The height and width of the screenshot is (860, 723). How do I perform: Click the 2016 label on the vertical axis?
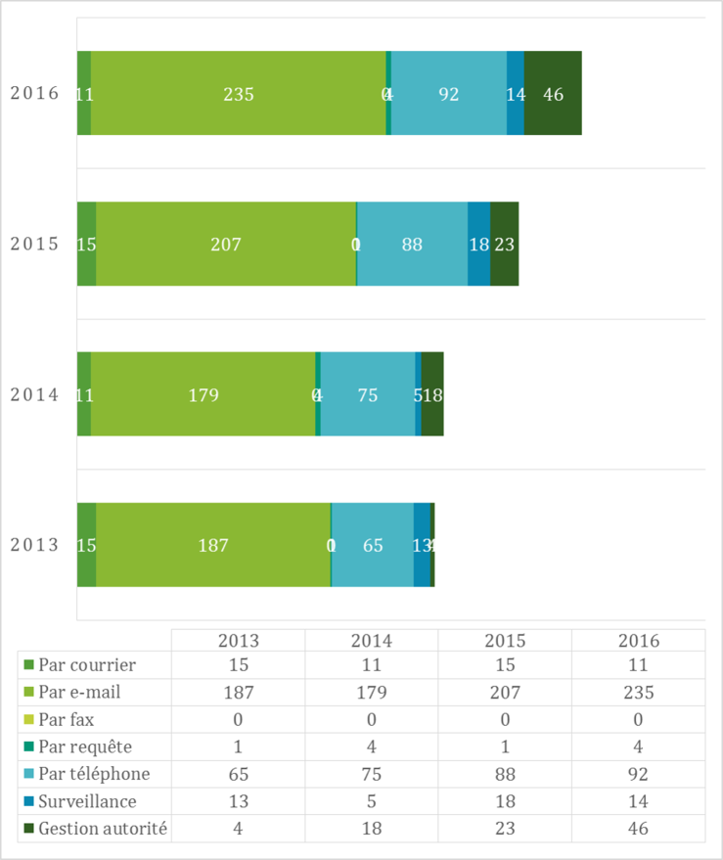(35, 94)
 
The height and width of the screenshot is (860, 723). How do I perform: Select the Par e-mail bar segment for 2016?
(238, 94)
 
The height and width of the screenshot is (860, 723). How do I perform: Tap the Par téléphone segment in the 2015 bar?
(412, 245)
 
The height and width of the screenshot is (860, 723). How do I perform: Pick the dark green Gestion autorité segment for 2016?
(553, 94)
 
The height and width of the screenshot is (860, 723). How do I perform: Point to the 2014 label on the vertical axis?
(35, 395)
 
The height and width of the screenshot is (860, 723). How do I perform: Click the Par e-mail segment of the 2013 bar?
(213, 545)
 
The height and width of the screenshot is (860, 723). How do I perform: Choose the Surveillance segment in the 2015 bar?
(478, 245)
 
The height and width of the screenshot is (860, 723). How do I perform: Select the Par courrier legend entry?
(86, 665)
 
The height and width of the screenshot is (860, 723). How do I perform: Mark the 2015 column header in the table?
(505, 641)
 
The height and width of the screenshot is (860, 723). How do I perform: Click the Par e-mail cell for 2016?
(638, 693)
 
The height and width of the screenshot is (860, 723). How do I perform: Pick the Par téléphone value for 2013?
(239, 774)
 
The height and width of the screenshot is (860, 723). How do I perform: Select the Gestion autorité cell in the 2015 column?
(505, 829)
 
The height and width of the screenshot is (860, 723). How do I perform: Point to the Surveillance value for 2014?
(372, 801)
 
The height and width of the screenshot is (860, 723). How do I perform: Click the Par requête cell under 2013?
(239, 747)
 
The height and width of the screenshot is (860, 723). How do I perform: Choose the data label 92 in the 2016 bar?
(449, 95)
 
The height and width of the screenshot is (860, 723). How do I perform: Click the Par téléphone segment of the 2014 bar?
(368, 395)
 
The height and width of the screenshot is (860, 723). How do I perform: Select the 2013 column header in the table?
(239, 641)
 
